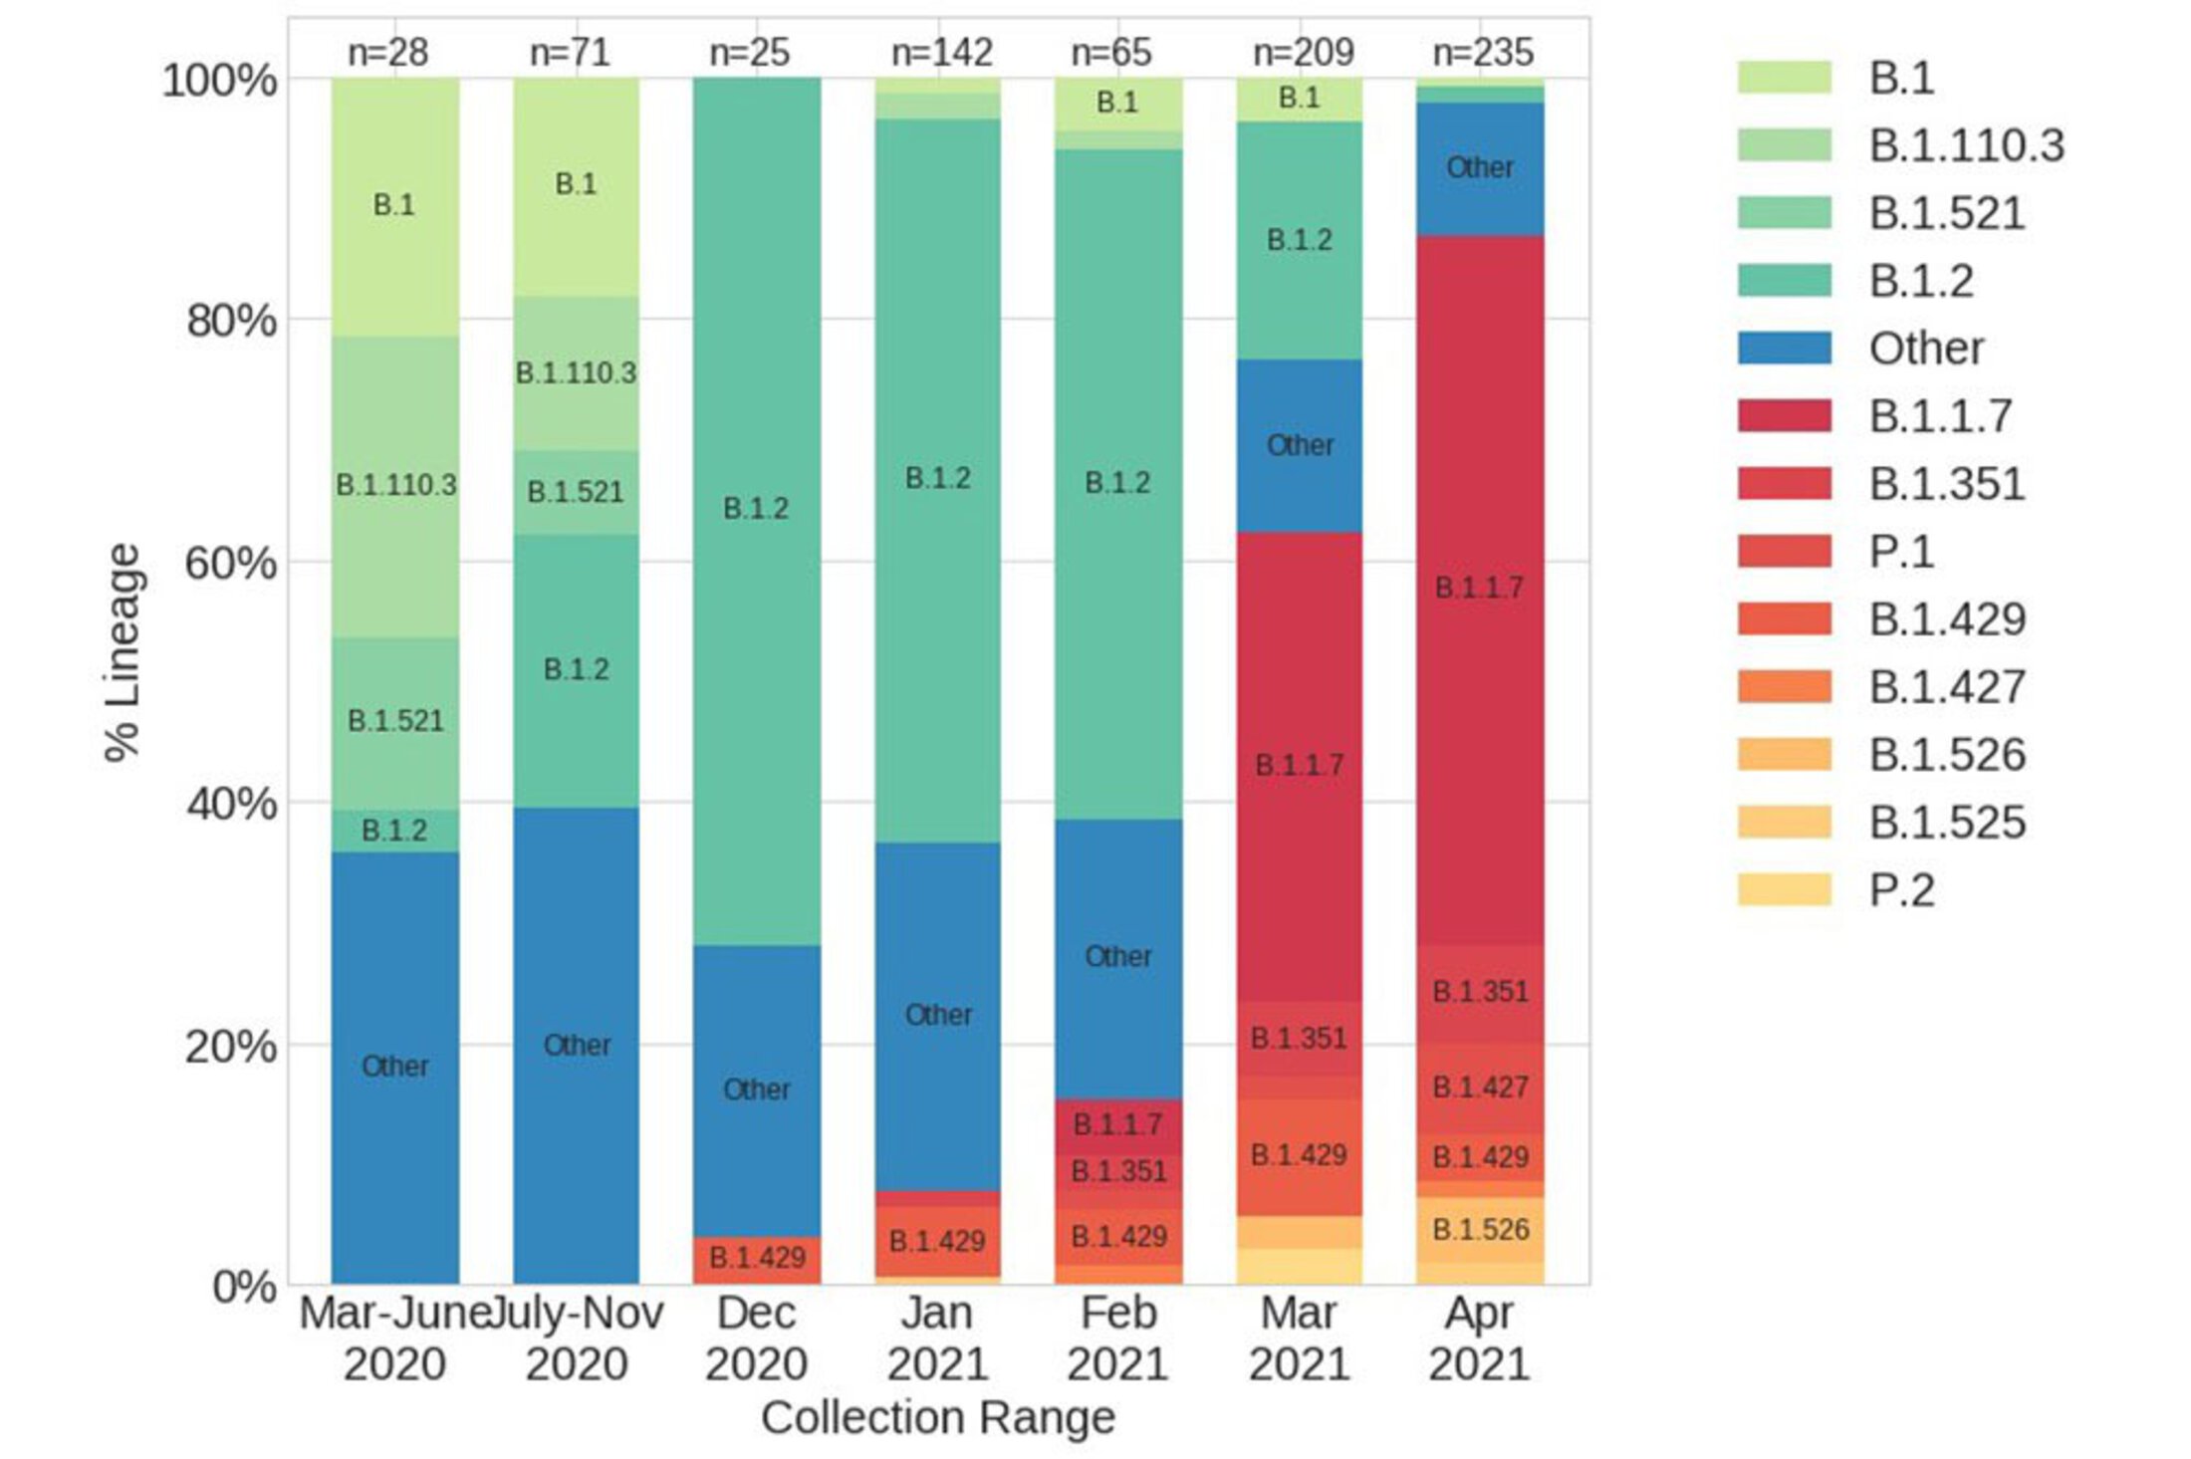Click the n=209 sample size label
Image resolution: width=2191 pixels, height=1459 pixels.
(1303, 52)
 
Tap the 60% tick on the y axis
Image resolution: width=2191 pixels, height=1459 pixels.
(230, 563)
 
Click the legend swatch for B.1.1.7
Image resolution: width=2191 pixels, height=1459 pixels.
(1784, 415)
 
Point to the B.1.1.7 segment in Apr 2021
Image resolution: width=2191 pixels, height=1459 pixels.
(1480, 588)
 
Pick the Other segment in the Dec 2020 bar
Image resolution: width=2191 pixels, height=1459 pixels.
(757, 1090)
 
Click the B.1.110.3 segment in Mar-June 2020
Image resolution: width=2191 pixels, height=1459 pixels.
(395, 486)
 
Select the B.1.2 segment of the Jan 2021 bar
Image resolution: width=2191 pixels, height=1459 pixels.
(937, 479)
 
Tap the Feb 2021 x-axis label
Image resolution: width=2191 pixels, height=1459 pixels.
(1117, 1337)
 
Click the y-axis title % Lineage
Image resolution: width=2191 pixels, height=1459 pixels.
(122, 652)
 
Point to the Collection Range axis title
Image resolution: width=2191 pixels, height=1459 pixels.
(937, 1417)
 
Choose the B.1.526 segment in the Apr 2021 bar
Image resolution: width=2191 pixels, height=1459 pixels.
(1480, 1230)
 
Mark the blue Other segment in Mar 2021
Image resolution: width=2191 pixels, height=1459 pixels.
(1300, 445)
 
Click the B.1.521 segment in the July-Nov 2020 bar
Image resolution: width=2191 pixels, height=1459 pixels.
(576, 492)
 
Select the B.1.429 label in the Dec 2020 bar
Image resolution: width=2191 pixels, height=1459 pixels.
(757, 1258)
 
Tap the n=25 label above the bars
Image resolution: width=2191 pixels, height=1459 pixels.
(749, 52)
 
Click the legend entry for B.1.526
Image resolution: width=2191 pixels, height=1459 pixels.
(1946, 754)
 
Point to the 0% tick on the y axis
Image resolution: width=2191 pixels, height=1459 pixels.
(244, 1286)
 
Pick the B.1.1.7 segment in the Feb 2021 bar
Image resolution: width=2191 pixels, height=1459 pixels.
(1117, 1125)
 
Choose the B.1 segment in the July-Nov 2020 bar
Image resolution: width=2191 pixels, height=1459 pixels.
(576, 184)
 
